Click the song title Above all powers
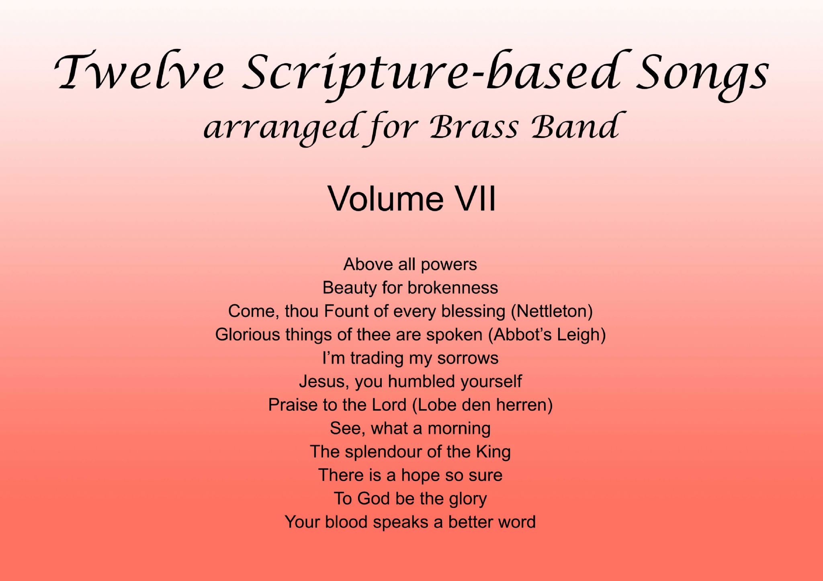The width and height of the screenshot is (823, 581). (410, 264)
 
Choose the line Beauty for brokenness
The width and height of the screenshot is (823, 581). (410, 287)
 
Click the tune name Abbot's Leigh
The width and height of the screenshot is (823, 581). (547, 334)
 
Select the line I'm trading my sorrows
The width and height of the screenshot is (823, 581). (410, 358)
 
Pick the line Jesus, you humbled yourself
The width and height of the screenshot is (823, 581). (410, 381)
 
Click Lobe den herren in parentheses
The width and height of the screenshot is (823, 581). (483, 405)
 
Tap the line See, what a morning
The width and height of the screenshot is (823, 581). (410, 428)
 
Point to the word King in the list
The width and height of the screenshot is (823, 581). (493, 452)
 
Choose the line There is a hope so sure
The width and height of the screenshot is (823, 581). (410, 475)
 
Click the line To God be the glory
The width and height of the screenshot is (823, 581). (410, 498)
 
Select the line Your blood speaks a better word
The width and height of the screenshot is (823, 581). (410, 522)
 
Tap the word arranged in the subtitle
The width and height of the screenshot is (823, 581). (281, 128)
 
